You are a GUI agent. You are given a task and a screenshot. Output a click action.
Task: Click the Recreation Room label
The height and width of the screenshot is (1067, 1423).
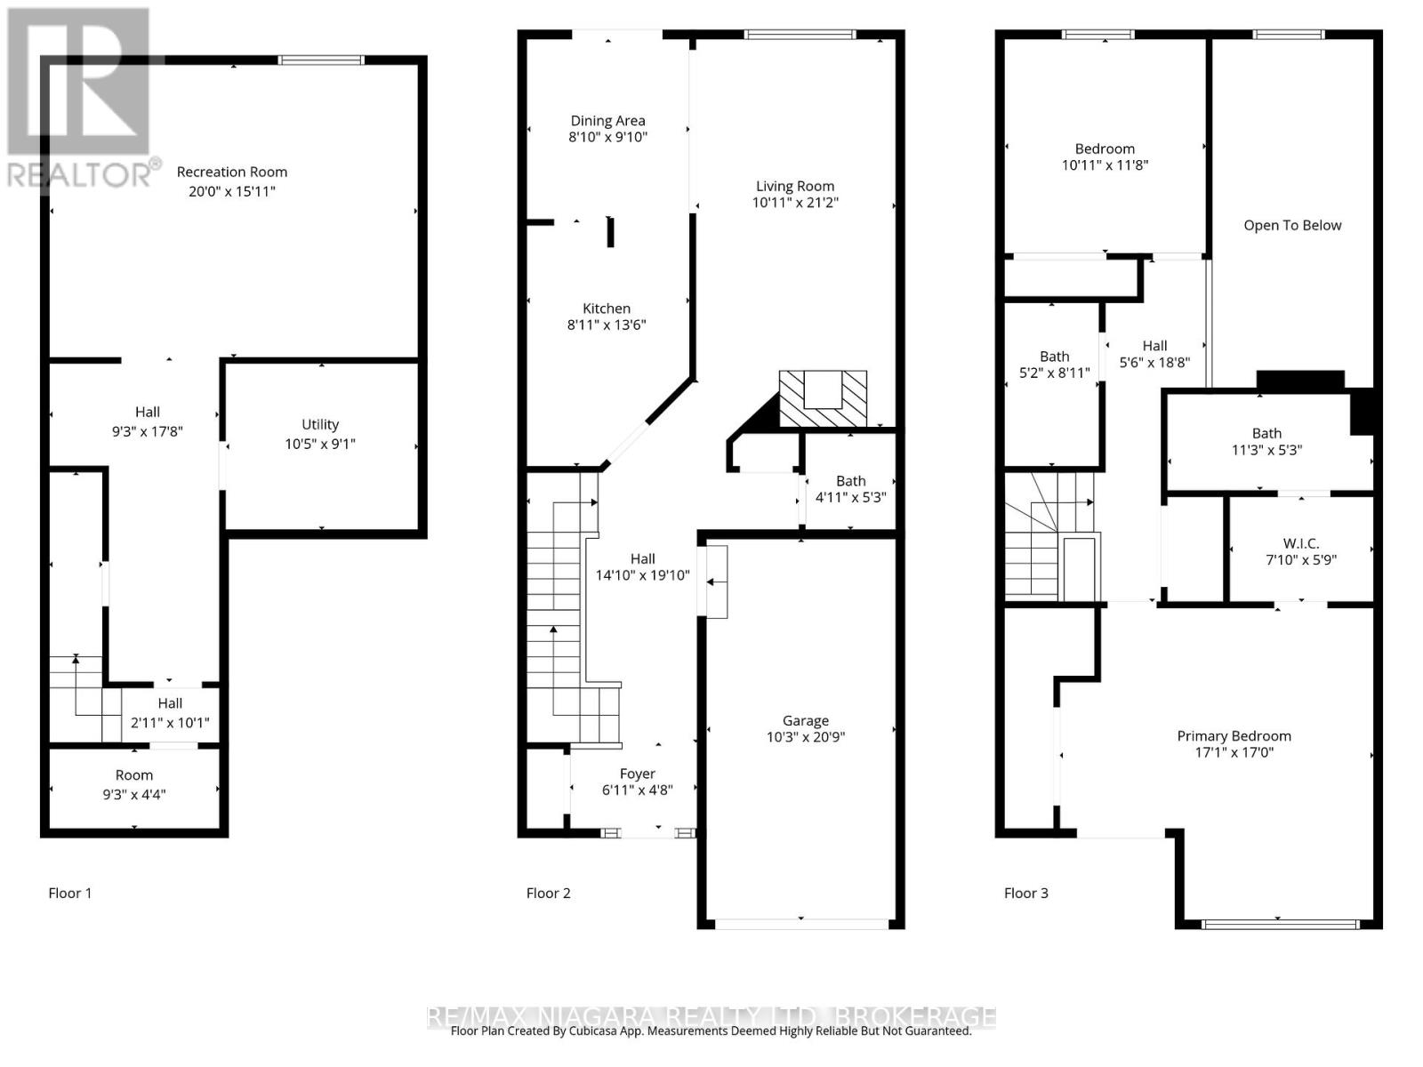(x=231, y=172)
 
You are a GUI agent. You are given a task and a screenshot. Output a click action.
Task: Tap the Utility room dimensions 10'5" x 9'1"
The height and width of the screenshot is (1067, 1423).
(x=320, y=444)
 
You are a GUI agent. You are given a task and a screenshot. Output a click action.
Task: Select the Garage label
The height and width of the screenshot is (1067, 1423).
(x=806, y=720)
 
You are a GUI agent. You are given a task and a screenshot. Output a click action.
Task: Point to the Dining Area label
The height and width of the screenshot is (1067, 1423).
(x=608, y=120)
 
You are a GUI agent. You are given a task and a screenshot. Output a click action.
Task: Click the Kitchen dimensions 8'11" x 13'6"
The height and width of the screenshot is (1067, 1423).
(x=607, y=325)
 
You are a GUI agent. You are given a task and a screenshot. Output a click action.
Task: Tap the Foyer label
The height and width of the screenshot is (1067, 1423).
(x=638, y=774)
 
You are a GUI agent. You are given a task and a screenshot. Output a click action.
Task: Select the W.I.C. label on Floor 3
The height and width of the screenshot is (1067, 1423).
(x=1301, y=542)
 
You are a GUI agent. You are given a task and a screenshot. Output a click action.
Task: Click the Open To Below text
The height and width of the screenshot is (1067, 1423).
(x=1292, y=225)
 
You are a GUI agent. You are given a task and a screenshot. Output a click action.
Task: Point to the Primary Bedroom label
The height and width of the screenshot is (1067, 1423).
(x=1234, y=735)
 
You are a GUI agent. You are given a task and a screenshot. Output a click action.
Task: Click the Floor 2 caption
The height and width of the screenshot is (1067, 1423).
(x=548, y=893)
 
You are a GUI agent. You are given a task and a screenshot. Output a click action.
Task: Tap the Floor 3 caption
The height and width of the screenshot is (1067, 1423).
(x=1025, y=893)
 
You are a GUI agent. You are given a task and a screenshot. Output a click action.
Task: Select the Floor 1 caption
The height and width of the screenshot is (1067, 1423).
(x=69, y=893)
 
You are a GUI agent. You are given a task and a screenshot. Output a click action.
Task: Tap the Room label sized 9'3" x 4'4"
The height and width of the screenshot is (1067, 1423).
(x=134, y=775)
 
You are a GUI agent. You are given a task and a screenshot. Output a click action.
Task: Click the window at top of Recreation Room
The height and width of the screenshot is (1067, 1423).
(x=321, y=60)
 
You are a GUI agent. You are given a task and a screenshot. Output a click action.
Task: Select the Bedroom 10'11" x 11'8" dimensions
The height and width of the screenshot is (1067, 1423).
(x=1105, y=165)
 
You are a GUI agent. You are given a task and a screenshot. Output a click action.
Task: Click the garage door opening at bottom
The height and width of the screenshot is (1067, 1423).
(x=801, y=924)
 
